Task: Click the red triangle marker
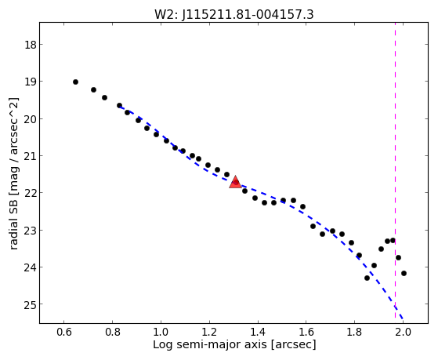pos(235,182)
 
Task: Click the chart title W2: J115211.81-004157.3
pos(234,14)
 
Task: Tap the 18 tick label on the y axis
pos(30,45)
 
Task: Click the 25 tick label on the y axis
pos(30,304)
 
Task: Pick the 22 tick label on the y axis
pos(30,193)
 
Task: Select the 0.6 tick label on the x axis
pos(64,332)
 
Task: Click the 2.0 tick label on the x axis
pos(403,332)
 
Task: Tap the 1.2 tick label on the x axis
pos(209,332)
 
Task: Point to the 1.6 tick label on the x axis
pos(306,332)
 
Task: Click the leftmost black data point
pos(75,82)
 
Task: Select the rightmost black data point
pos(404,273)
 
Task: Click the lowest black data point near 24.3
pos(367,278)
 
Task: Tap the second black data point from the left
pos(93,89)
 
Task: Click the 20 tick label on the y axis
pos(30,119)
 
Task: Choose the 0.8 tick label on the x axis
pos(112,332)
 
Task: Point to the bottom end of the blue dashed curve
pos(403,318)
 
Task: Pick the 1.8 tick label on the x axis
pos(354,332)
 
